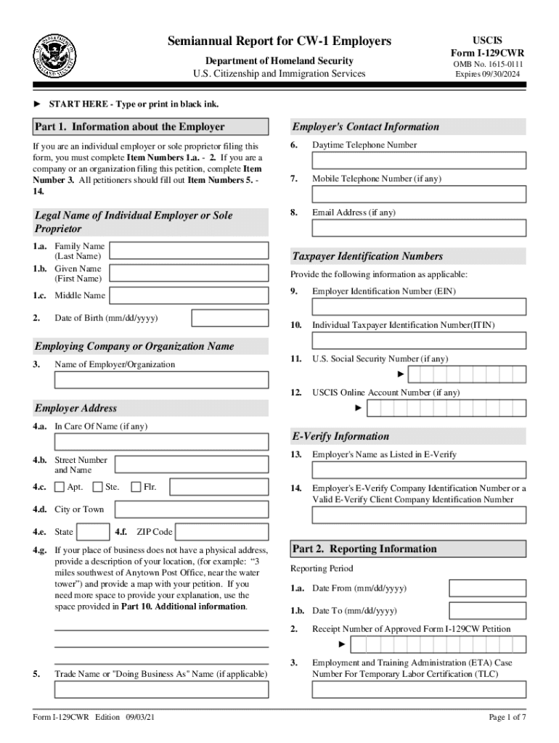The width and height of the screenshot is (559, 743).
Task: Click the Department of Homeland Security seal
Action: point(52,55)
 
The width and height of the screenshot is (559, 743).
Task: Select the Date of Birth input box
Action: point(229,319)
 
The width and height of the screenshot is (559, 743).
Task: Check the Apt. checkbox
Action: point(60,487)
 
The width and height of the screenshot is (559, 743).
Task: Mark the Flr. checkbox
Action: point(136,487)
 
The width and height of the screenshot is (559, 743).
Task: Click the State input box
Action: point(93,532)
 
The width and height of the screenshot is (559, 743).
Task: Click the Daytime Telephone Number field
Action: point(419,161)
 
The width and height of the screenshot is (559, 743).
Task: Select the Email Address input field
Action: point(419,228)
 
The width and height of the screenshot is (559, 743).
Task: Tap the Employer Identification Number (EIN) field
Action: point(419,306)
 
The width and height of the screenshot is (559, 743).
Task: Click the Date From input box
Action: point(487,588)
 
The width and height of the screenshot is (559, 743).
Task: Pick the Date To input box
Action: point(487,610)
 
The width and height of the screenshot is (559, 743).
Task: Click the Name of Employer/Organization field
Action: point(161,380)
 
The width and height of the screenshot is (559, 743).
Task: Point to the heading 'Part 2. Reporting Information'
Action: point(364,549)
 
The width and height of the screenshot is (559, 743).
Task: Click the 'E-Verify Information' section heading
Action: point(340,436)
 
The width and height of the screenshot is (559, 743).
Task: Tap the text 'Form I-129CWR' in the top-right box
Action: point(487,52)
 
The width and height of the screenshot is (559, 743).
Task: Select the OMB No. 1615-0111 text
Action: point(487,64)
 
